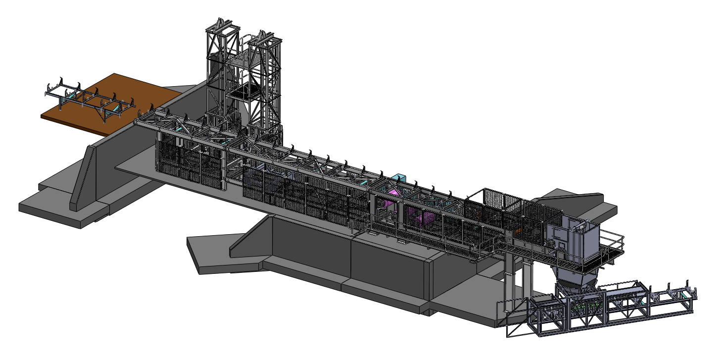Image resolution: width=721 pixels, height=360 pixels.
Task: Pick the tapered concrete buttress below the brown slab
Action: [x=82, y=178]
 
